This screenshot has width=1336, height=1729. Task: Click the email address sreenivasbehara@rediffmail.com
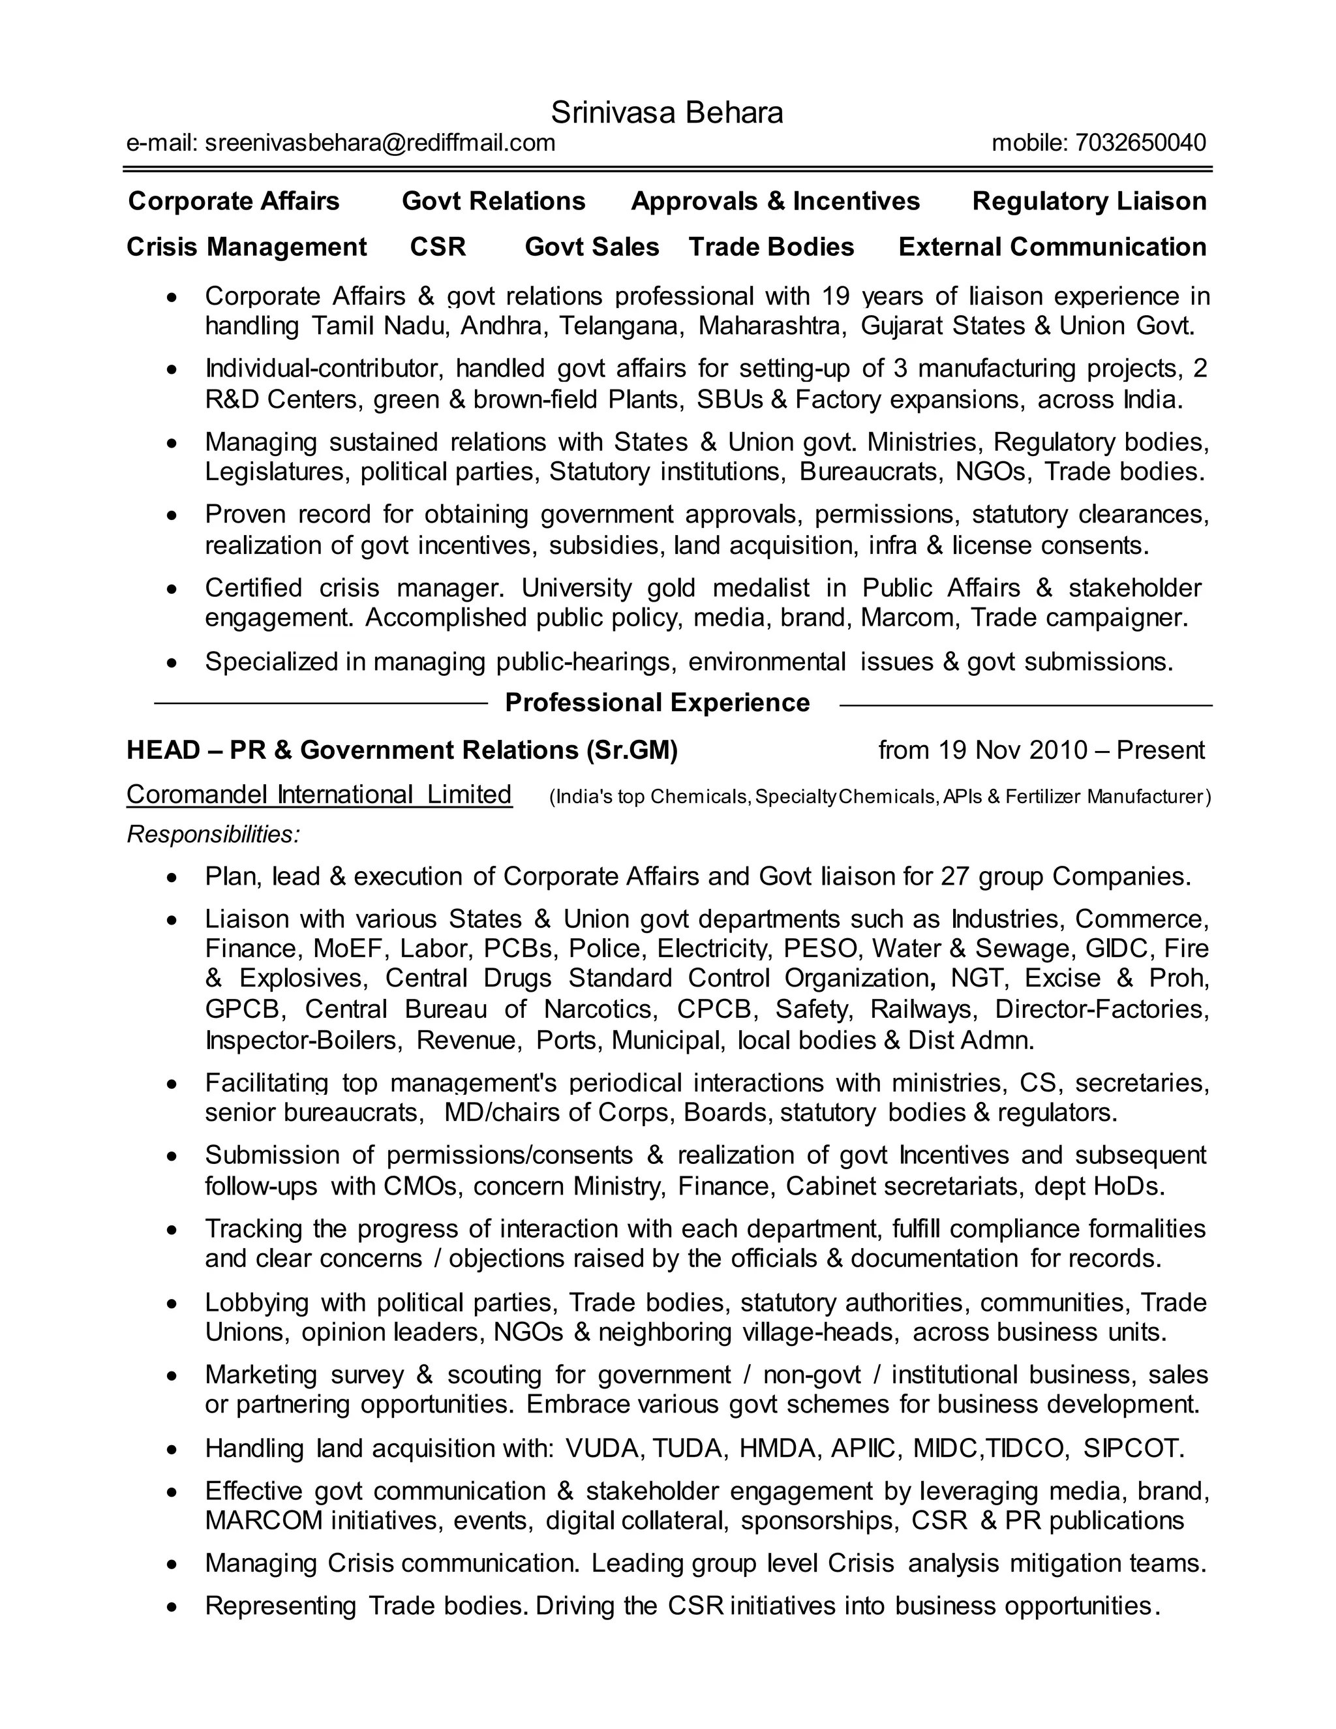click(380, 142)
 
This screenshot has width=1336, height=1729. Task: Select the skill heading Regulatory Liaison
click(1089, 201)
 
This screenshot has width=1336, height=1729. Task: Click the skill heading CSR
click(438, 247)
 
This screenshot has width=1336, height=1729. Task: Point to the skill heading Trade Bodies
click(771, 247)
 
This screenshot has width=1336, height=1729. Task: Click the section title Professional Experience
click(657, 702)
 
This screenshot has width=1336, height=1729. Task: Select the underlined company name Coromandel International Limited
click(319, 794)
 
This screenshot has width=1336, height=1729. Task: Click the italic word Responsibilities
click(212, 834)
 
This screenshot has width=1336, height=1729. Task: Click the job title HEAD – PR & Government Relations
click(402, 750)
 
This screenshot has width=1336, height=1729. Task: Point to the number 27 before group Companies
click(955, 876)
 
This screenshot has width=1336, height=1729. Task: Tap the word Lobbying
click(256, 1302)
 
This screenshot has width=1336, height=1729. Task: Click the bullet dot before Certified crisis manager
click(172, 590)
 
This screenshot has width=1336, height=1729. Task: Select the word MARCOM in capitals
click(264, 1521)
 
